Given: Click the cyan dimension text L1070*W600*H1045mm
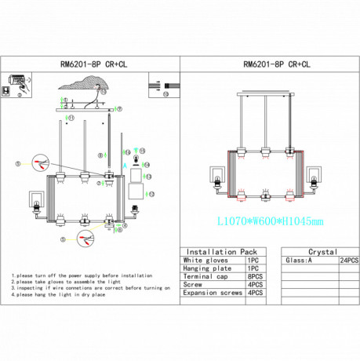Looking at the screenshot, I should click(269, 222).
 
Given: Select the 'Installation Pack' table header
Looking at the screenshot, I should click(213, 246).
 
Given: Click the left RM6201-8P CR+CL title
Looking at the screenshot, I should click(89, 66).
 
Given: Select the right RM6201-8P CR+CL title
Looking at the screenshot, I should click(270, 66).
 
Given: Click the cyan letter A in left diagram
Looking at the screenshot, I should click(136, 149).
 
